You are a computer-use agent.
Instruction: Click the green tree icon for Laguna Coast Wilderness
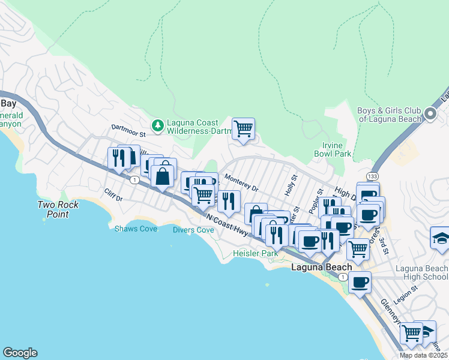158,125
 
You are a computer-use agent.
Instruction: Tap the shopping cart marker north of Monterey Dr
243,128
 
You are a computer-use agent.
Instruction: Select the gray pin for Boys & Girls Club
430,113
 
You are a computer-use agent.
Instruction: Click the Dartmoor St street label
128,128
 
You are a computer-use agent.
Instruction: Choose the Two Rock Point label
53,209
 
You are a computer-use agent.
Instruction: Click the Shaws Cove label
136,229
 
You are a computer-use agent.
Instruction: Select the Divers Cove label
193,230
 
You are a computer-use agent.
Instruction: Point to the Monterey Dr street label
241,183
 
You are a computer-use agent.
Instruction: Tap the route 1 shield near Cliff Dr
134,179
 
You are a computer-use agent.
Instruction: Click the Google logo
20,353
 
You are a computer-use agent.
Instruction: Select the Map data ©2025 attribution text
424,355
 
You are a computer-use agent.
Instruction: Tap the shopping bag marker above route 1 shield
162,176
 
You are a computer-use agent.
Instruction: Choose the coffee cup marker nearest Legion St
360,282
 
